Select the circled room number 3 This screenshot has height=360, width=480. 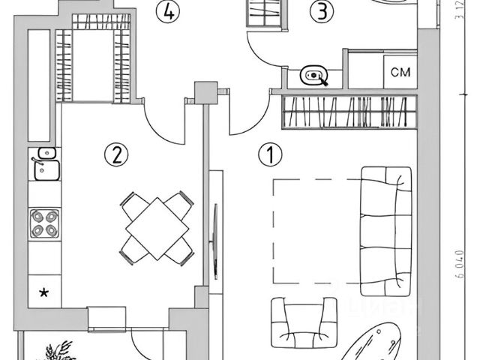tap(322, 12)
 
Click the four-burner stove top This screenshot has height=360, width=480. tap(43, 223)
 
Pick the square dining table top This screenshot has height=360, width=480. tap(156, 226)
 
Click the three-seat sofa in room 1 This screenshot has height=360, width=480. tap(385, 229)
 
